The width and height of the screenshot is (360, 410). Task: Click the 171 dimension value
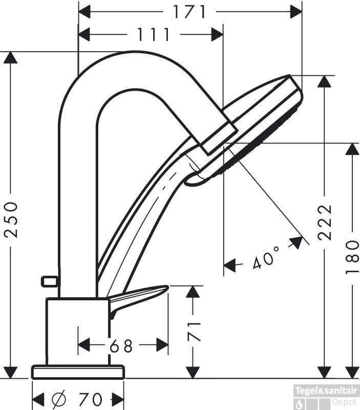tap(189, 12)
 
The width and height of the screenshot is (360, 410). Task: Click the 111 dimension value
tap(154, 34)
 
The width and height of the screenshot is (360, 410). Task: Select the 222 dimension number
tap(325, 222)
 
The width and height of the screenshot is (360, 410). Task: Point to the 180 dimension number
tap(352, 257)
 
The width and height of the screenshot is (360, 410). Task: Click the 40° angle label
tap(266, 258)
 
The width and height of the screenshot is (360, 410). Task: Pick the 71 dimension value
tap(194, 332)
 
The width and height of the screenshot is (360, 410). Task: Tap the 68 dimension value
tap(121, 346)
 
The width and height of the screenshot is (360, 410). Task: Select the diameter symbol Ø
tap(59, 399)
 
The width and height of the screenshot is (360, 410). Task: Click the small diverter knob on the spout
tap(49, 281)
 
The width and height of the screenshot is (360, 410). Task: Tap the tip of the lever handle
tap(167, 287)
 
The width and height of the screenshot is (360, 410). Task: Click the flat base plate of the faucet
tap(78, 371)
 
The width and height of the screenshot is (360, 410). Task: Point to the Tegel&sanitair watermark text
tap(326, 391)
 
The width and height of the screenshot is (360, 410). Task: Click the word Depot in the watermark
tap(344, 402)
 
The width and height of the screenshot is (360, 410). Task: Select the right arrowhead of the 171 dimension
tap(297, 12)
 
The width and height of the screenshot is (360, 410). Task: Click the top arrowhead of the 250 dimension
tap(10, 58)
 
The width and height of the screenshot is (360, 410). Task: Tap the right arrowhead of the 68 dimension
tap(162, 345)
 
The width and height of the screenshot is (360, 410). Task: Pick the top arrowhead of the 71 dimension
tap(193, 292)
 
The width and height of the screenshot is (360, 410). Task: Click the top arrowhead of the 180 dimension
tap(352, 149)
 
